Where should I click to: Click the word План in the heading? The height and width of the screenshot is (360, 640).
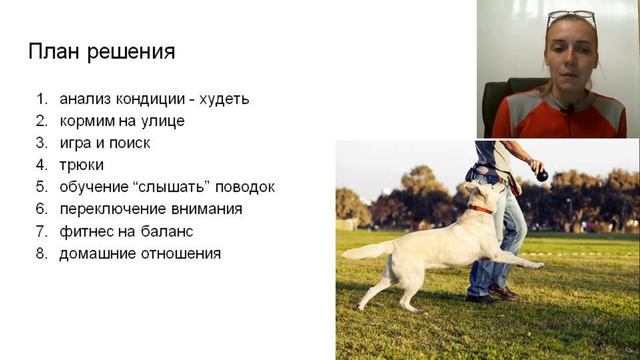tap(54, 52)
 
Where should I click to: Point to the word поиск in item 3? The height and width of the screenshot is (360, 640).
tap(129, 143)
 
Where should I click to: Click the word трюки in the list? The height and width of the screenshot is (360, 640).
tap(81, 164)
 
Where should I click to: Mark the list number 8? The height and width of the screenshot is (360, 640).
tap(41, 253)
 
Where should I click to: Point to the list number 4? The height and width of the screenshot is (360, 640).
tap(41, 164)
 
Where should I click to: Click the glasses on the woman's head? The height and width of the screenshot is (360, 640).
tap(571, 17)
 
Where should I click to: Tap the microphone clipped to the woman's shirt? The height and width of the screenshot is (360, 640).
tap(567, 108)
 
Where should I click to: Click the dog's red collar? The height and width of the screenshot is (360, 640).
tap(482, 209)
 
